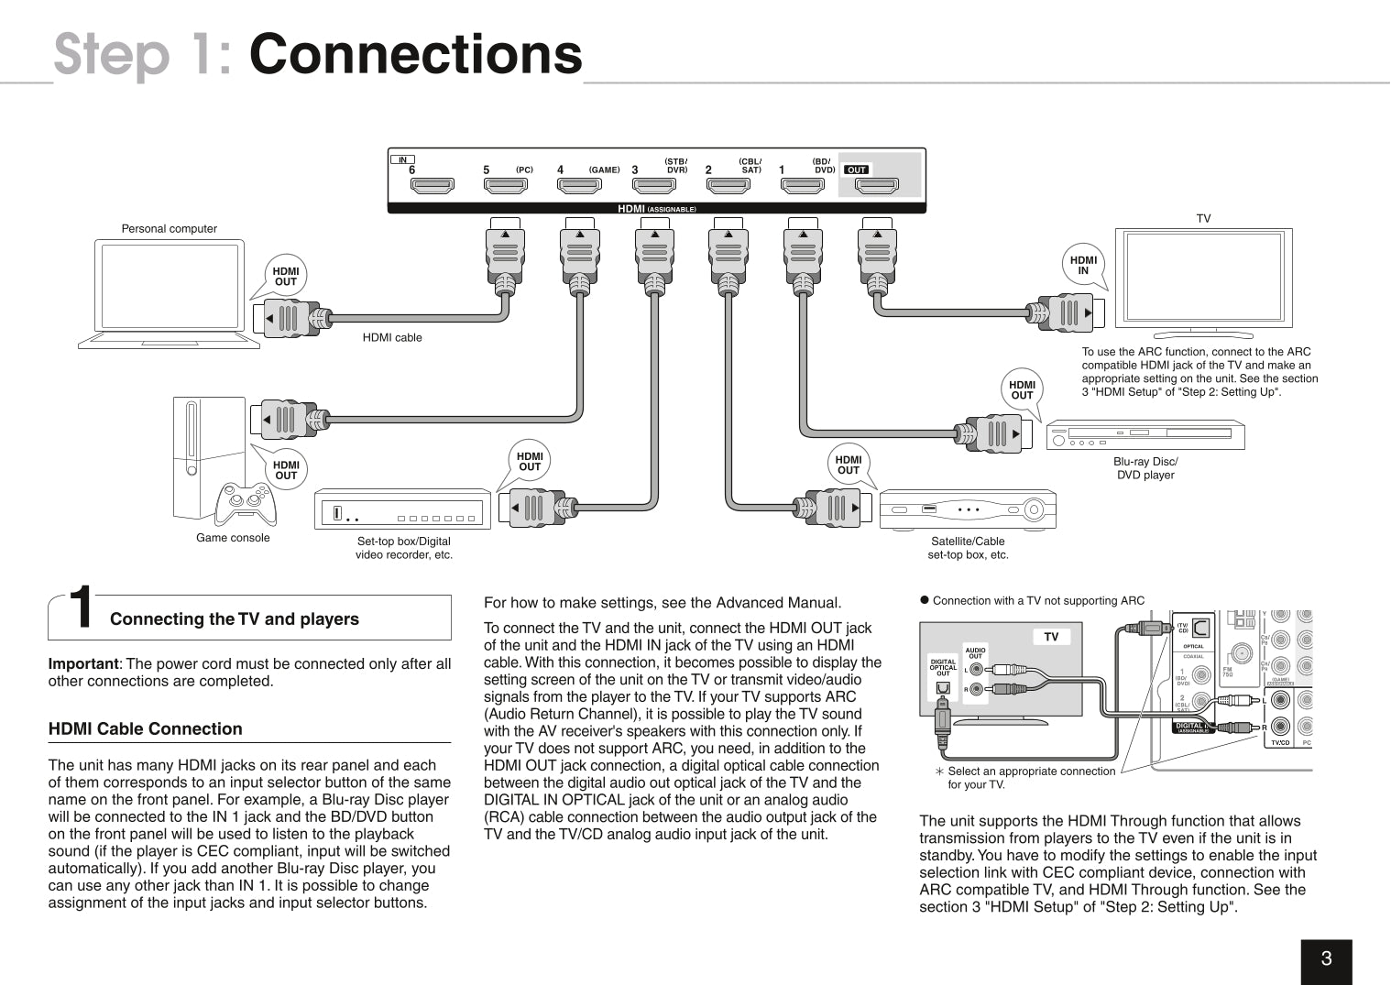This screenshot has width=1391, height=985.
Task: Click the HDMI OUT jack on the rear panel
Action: (876, 187)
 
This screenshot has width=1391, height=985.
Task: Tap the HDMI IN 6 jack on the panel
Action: (432, 187)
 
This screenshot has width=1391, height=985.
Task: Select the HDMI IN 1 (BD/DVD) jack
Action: (802, 187)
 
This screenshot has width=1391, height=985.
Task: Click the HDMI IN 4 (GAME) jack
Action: (580, 187)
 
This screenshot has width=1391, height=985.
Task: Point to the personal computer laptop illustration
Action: (170, 293)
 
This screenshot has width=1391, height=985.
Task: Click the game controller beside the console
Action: (245, 503)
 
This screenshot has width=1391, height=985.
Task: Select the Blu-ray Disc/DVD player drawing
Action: (1145, 436)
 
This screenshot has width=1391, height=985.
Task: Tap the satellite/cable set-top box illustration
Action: (968, 509)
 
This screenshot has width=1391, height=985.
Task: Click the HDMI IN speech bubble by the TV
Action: (1083, 266)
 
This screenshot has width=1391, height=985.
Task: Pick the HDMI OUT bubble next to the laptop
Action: (286, 277)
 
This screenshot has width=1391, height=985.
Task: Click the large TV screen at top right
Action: (1203, 278)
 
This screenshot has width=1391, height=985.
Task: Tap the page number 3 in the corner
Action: (1326, 959)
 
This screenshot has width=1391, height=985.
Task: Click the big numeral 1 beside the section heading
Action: (82, 609)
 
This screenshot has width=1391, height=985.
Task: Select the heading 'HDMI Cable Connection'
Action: (145, 729)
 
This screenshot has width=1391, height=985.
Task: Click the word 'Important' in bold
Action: (82, 664)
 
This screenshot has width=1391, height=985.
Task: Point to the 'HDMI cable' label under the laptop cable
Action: (392, 337)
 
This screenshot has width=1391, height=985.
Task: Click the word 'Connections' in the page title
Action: (415, 54)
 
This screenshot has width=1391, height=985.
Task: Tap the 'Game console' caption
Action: (233, 538)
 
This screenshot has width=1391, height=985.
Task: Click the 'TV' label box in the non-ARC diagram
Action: (1051, 637)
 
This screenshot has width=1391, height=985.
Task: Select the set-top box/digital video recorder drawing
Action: (402, 509)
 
